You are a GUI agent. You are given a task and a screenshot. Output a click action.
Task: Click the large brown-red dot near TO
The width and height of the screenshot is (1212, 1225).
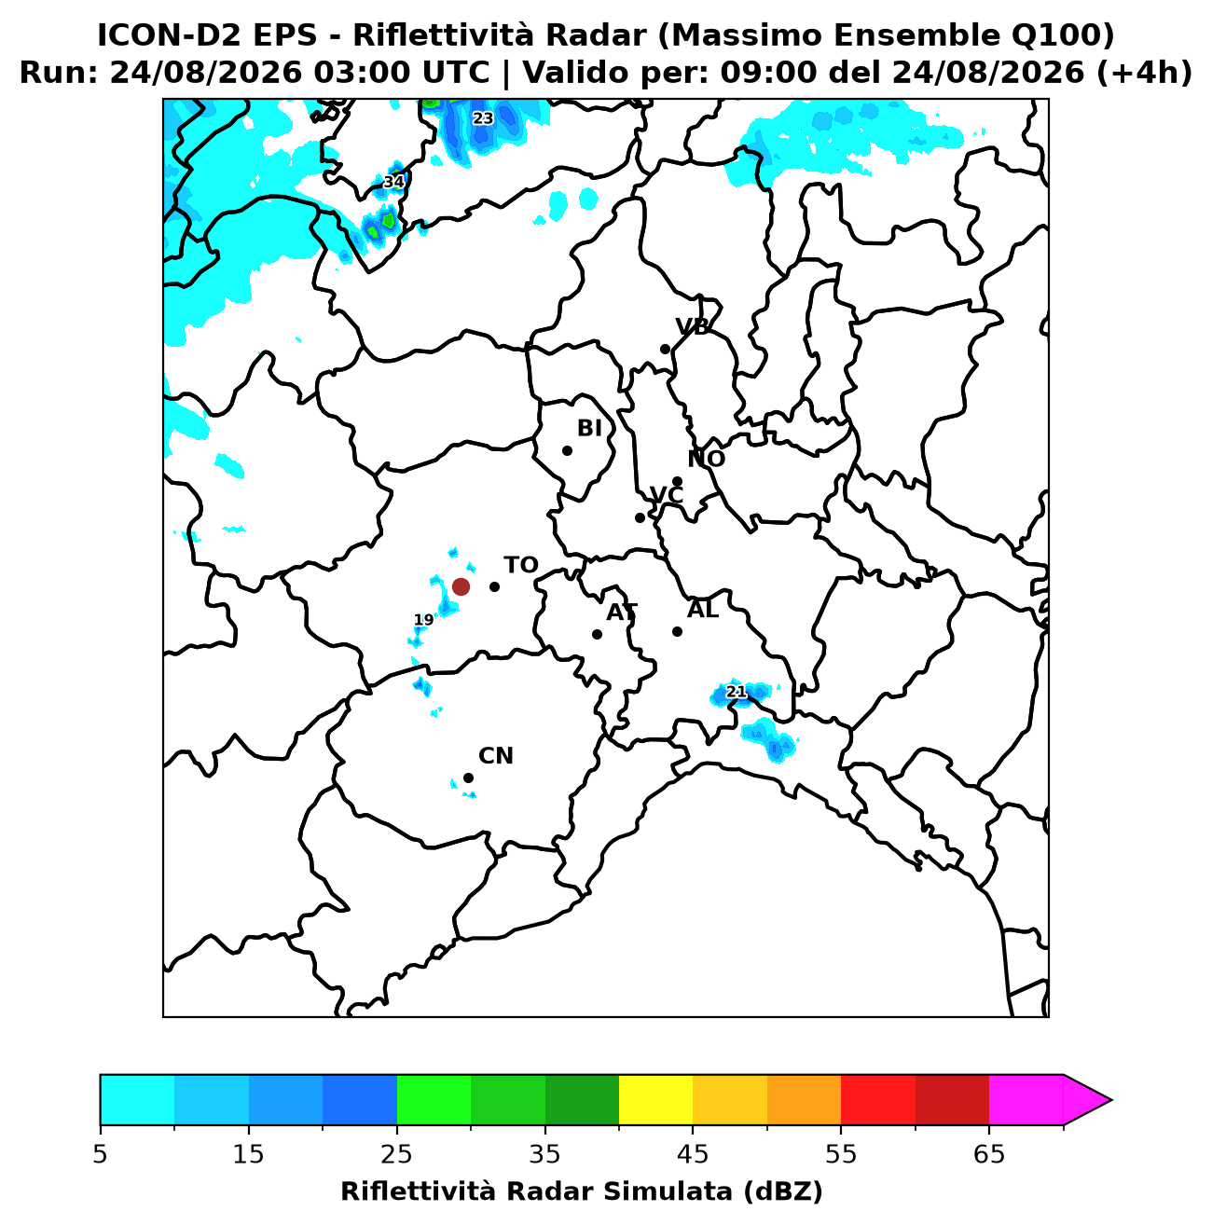461,586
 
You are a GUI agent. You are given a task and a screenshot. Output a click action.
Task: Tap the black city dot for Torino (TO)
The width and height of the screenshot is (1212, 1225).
494,586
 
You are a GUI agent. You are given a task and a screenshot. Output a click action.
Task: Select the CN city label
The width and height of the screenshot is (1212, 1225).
495,756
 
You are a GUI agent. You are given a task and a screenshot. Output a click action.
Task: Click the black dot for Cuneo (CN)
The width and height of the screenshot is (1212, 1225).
468,778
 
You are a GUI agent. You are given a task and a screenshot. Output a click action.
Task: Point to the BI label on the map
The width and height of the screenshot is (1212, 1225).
589,429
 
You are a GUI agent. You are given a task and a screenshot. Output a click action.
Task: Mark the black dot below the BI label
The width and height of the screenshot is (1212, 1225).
567,450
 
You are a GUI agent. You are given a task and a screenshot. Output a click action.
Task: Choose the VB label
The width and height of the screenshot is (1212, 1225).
692,326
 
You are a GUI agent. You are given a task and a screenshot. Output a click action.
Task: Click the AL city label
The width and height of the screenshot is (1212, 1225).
703,610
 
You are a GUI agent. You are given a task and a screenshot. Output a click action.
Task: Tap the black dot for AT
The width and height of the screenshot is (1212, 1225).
597,634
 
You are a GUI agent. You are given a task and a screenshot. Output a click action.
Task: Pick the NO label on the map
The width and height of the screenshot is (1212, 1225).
707,459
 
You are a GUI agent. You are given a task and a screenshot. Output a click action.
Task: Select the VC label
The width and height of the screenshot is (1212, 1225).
667,495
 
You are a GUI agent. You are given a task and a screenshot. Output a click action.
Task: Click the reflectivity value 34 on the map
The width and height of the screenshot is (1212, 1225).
393,183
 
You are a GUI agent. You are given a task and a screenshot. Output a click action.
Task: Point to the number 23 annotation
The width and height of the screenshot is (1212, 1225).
483,118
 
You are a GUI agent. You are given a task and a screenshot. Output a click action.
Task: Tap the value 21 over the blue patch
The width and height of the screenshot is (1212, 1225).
736,692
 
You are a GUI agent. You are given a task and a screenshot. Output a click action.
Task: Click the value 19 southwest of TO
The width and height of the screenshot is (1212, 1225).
423,620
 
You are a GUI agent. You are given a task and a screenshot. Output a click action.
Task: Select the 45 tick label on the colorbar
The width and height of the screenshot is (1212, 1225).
693,1153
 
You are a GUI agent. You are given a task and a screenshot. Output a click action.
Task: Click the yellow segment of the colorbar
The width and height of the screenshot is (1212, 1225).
655,1100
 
